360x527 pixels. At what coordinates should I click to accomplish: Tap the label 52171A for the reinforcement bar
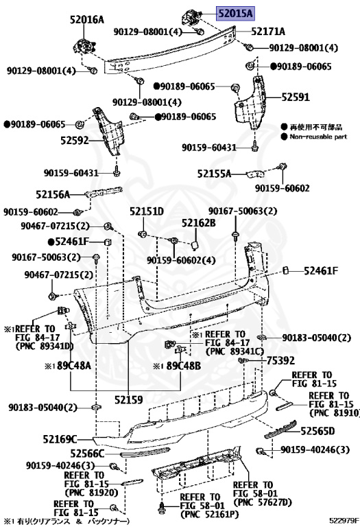[x=268, y=32]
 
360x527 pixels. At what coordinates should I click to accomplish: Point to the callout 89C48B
[x=184, y=366]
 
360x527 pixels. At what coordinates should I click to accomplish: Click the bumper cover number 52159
[x=130, y=397]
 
